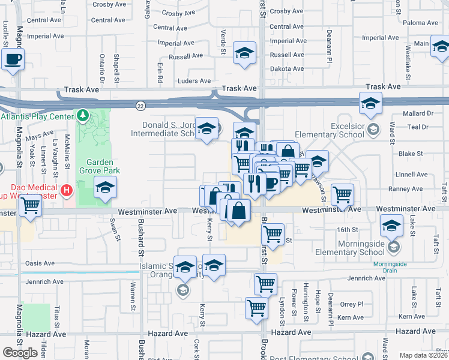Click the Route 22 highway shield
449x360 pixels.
pos(139,105)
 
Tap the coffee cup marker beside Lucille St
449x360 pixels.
pos(13,59)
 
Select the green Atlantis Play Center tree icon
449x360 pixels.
pos(83,115)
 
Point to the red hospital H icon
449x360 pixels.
pos(67,191)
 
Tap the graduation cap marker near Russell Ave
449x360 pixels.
pos(244,53)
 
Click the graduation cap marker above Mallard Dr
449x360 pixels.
pos(371,103)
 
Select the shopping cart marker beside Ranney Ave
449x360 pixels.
pos(342,193)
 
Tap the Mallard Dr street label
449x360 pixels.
pos(418,113)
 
